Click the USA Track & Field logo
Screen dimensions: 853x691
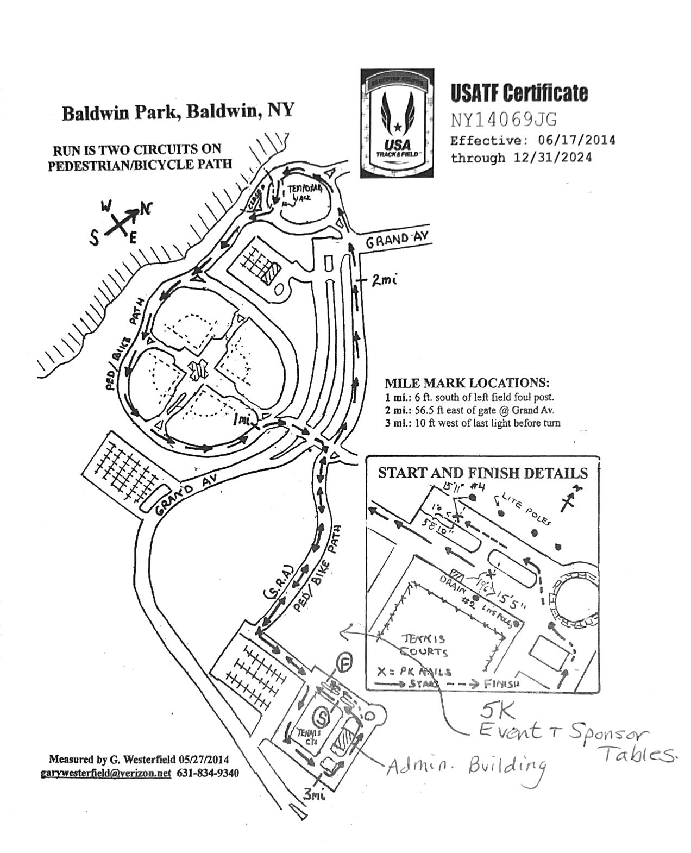pyautogui.click(x=397, y=123)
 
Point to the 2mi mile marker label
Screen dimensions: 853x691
pyautogui.click(x=384, y=280)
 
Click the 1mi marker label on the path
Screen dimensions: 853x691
pyautogui.click(x=243, y=420)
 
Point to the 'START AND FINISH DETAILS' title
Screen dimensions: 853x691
pyautogui.click(x=482, y=472)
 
